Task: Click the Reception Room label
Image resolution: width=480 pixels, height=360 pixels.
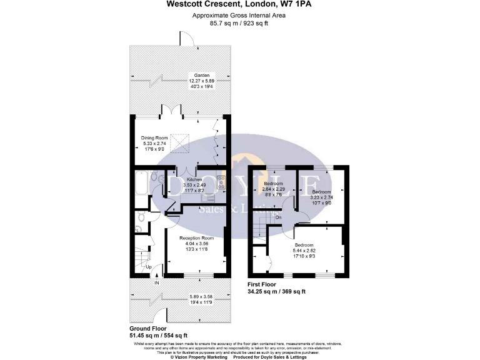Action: pos(197,238)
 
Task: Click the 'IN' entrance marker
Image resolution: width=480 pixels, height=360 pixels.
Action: pos(157,282)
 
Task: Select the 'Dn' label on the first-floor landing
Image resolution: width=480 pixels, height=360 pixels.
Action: pos(278,217)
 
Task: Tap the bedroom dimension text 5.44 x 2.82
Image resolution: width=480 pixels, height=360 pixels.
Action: pos(305,249)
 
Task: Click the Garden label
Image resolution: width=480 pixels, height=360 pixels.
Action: pos(201,75)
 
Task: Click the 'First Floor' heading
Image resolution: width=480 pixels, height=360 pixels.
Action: pos(264,284)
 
